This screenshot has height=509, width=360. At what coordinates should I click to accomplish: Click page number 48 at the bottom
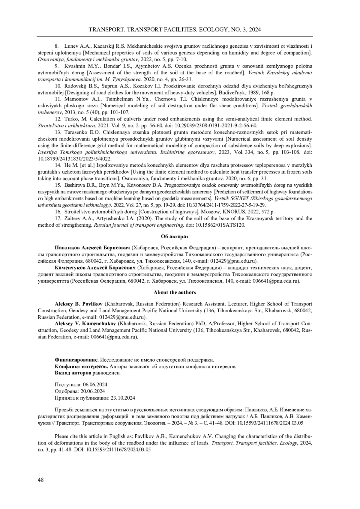click(x=40, y=480)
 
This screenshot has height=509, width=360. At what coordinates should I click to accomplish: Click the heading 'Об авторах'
click(x=175, y=237)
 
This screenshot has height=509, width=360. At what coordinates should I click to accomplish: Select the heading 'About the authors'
click(x=175, y=293)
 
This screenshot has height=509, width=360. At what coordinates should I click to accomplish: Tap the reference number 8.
click(x=57, y=46)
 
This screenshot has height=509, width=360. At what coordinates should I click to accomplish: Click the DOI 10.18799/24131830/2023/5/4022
click(x=75, y=159)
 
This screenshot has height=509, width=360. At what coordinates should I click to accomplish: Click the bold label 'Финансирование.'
click(x=76, y=360)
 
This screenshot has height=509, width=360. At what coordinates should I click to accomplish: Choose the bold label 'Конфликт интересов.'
click(x=82, y=366)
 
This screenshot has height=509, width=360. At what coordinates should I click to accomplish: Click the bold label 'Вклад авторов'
click(x=73, y=373)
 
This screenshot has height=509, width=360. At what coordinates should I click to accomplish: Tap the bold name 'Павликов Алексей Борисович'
click(x=92, y=248)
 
